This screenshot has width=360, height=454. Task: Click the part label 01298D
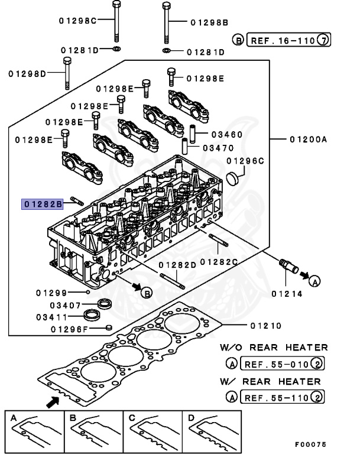(x=28, y=74)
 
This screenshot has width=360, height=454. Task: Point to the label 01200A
(x=308, y=140)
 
